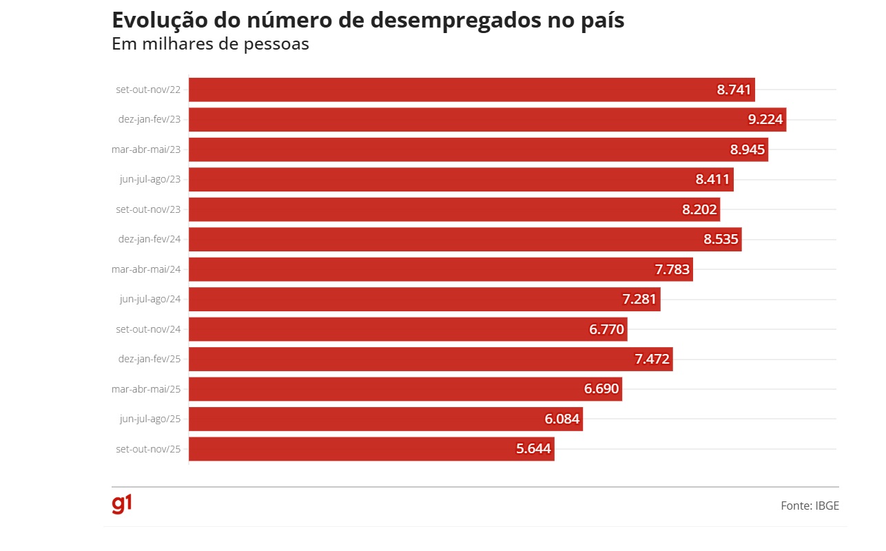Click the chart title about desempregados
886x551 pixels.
coord(368,21)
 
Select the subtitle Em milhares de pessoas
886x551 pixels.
coord(210,44)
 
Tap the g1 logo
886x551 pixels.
coord(122,504)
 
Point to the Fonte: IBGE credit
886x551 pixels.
coord(810,506)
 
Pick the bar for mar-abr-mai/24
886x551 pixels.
coord(413,269)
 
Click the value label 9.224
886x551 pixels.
coord(765,120)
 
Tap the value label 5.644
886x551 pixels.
coord(533,449)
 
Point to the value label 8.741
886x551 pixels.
coord(734,90)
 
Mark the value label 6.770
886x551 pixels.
coord(606,330)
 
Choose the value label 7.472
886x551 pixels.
coord(652,360)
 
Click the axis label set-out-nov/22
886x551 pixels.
coord(148,90)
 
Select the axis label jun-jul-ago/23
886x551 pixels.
coord(150,180)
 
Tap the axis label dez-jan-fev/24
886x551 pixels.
coord(150,240)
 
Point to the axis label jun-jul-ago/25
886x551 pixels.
coord(150,419)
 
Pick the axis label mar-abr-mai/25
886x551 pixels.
coord(146,389)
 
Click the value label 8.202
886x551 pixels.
coord(699,209)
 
